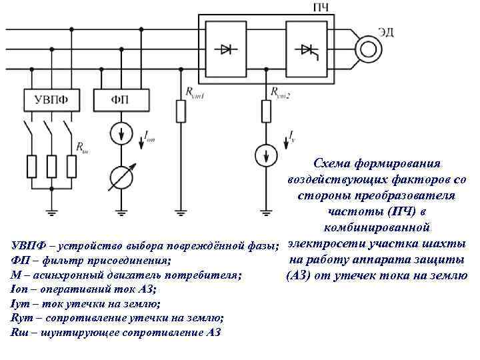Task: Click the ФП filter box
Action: coord(120,101)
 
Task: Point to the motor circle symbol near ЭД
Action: coord(367,48)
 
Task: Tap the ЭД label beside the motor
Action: coord(387,31)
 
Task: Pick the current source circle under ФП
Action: coord(120,133)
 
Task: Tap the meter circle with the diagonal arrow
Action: coord(120,176)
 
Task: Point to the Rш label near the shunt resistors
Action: coord(81,146)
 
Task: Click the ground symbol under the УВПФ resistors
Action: coord(50,211)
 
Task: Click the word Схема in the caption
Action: coord(332,163)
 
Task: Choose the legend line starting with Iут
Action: coord(85,304)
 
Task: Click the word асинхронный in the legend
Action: coord(67,275)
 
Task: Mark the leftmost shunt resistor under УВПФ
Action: coord(31,164)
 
